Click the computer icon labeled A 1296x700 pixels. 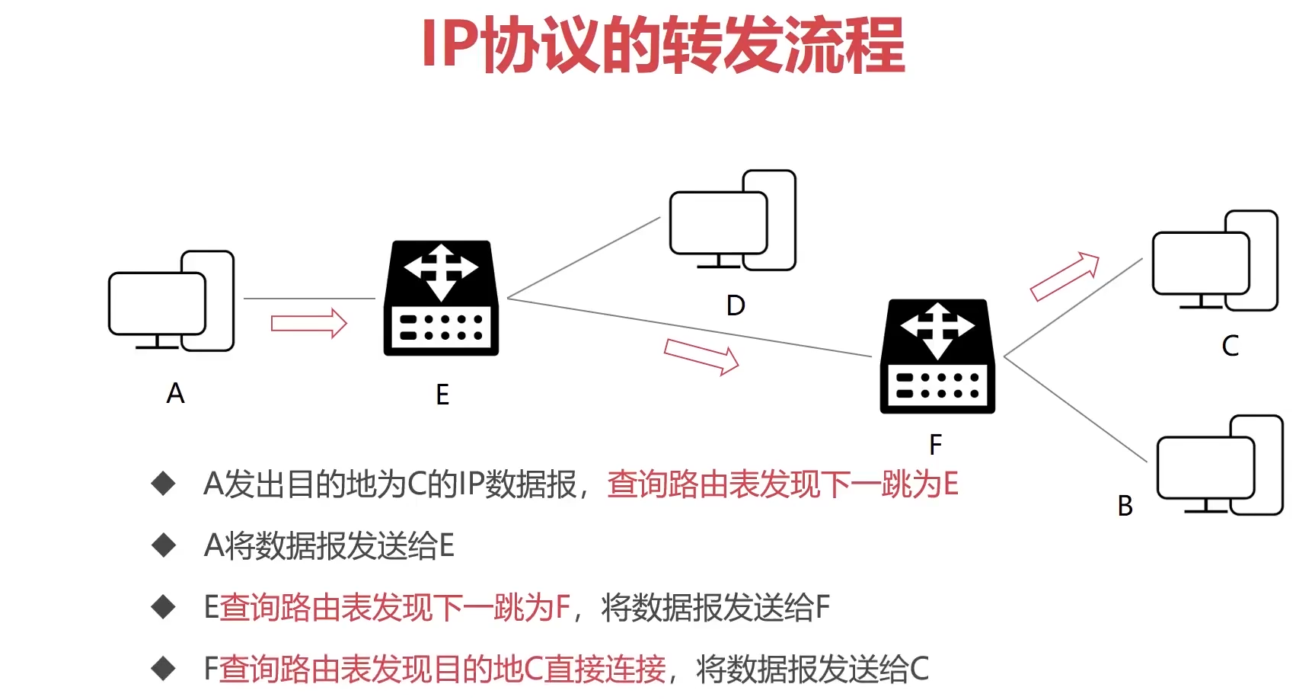[x=171, y=302]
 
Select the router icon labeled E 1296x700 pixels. [x=441, y=299]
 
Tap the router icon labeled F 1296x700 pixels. [x=937, y=356]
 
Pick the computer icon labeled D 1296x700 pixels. [x=733, y=221]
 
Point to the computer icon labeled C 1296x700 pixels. [x=1215, y=261]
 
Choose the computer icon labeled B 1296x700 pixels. [x=1220, y=465]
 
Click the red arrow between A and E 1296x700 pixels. [x=308, y=323]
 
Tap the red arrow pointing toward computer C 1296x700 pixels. [x=1065, y=276]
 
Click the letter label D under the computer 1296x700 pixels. [x=736, y=305]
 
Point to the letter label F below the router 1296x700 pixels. [x=936, y=444]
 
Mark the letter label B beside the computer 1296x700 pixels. [x=1125, y=506]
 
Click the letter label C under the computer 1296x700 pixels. [x=1230, y=346]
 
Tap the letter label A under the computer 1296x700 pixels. [x=175, y=394]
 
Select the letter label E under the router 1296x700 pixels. [x=442, y=395]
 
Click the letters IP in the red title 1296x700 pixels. [x=450, y=45]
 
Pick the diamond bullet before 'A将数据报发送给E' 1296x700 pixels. [x=164, y=545]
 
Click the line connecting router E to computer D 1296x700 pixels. [x=583, y=257]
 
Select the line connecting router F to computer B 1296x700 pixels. [x=1075, y=408]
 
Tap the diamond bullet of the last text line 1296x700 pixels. [x=164, y=669]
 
